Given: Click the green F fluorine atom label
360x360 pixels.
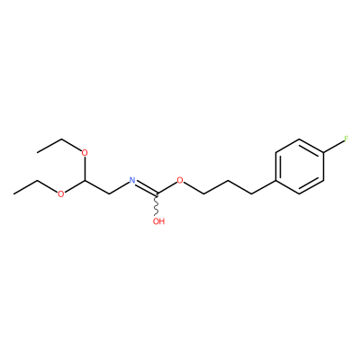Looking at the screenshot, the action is tap(346, 139).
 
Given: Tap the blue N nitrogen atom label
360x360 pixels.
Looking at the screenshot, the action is tap(132, 180).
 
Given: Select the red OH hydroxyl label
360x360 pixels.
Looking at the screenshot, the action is tap(158, 221).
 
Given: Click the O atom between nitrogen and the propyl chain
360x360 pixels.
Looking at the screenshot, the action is tap(180, 180).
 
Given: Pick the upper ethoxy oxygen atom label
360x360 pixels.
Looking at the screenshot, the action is tap(85, 153).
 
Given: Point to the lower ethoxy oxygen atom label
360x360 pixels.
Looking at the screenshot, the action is tap(61, 194).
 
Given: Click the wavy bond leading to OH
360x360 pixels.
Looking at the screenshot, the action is tap(157, 205).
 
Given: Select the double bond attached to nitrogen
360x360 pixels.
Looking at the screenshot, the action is tap(146, 189).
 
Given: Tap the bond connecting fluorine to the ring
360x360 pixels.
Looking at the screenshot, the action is tap(333, 147).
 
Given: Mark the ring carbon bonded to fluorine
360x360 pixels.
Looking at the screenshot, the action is tap(323, 153).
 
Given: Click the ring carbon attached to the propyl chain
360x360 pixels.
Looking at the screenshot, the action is tap(275, 180).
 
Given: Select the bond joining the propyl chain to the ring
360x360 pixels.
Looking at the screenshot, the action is tap(264, 187).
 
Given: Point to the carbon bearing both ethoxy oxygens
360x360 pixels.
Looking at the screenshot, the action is tap(85, 180).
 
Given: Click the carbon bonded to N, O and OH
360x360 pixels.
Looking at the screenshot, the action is tap(157, 194).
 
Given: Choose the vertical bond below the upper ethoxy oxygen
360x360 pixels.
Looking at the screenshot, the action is tap(85, 168).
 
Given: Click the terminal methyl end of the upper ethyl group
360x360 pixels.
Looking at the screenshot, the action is tap(37, 153).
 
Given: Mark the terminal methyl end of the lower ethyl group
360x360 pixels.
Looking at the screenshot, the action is tap(13, 194).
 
